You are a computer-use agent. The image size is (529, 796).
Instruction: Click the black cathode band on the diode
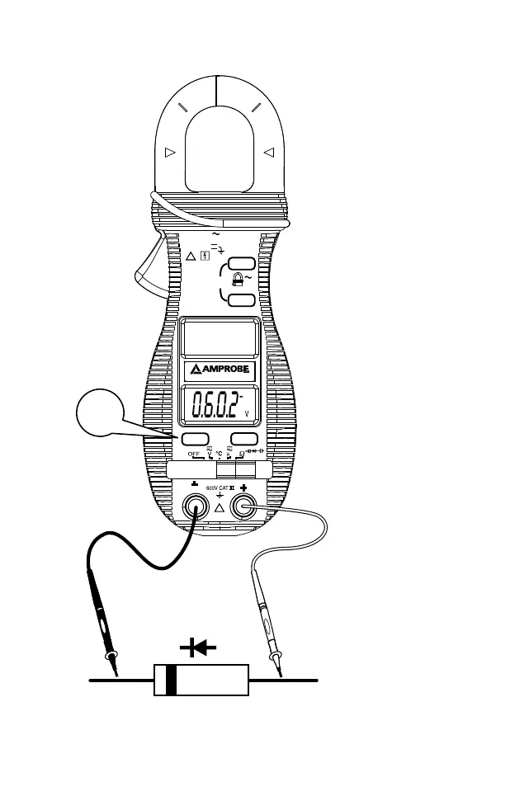coord(172,680)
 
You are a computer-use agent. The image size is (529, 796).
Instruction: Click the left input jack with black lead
coord(196,505)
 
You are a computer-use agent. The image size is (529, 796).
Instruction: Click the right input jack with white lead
coord(243,506)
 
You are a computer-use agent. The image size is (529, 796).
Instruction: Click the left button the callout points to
coord(195,440)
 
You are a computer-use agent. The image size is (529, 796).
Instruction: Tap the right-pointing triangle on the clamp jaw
coord(171,153)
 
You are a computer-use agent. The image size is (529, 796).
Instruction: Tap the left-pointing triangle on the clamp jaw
coord(267,153)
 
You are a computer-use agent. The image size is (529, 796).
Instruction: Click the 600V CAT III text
coord(218,488)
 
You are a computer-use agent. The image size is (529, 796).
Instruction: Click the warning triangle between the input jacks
coord(220,508)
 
